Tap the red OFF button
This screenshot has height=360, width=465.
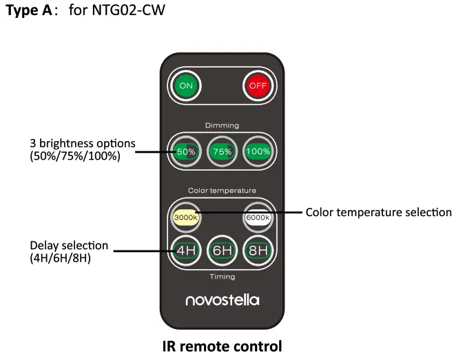point(257,86)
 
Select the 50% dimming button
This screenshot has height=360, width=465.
point(185,151)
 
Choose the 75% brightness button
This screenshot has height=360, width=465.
point(222,151)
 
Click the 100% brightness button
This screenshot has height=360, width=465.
point(258,151)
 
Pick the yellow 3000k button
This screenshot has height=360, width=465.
point(185,217)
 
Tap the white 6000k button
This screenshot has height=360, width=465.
point(257,217)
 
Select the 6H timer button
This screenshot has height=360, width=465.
point(222,250)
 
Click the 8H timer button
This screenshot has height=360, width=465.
point(258,250)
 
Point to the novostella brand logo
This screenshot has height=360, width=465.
point(222,300)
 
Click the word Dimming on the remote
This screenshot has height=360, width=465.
point(222,125)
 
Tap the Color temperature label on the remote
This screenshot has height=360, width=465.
point(222,191)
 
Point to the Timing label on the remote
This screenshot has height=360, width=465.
point(222,277)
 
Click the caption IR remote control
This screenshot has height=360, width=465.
point(222,346)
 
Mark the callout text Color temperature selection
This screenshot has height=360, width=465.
point(378,212)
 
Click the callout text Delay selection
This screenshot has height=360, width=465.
point(69,245)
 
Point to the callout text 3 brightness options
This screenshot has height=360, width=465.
point(82,144)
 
